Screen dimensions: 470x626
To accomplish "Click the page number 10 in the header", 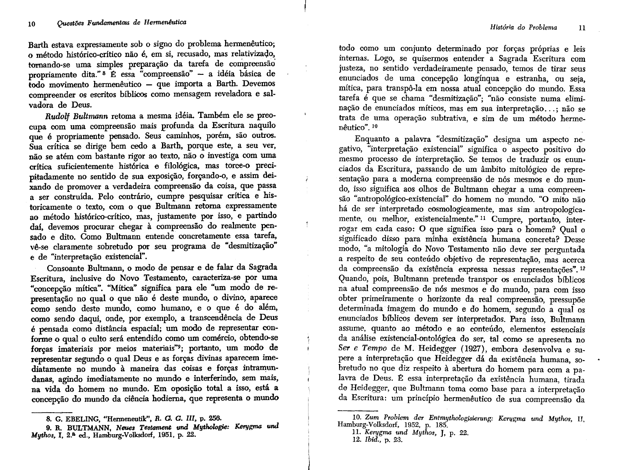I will click(x=31, y=24).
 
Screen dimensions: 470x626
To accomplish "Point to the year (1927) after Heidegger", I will click(x=473, y=349).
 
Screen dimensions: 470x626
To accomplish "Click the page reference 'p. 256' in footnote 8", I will click(x=210, y=418).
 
